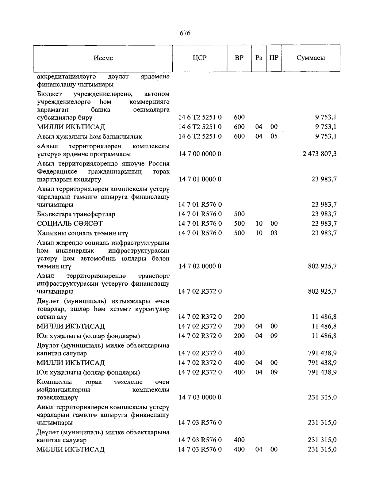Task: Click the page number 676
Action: (x=185, y=33)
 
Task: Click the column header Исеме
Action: (x=103, y=58)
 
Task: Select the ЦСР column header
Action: (x=200, y=58)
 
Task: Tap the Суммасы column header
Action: (x=311, y=58)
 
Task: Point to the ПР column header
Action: (x=274, y=58)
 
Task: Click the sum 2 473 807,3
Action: (x=320, y=154)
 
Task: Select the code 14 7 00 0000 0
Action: (x=200, y=154)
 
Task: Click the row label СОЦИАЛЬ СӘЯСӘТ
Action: (x=70, y=223)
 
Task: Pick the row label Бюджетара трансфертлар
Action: (x=76, y=214)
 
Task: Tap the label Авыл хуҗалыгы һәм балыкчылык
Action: (x=89, y=136)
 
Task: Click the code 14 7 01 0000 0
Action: (x=200, y=179)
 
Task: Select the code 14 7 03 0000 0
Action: (x=200, y=397)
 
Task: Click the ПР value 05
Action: (x=274, y=136)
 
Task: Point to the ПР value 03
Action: (x=274, y=233)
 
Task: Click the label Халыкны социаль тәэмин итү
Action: (x=82, y=233)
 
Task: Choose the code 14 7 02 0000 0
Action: (x=200, y=266)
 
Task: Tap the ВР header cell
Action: (x=239, y=58)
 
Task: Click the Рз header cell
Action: (x=259, y=58)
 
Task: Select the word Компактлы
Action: (x=54, y=382)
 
